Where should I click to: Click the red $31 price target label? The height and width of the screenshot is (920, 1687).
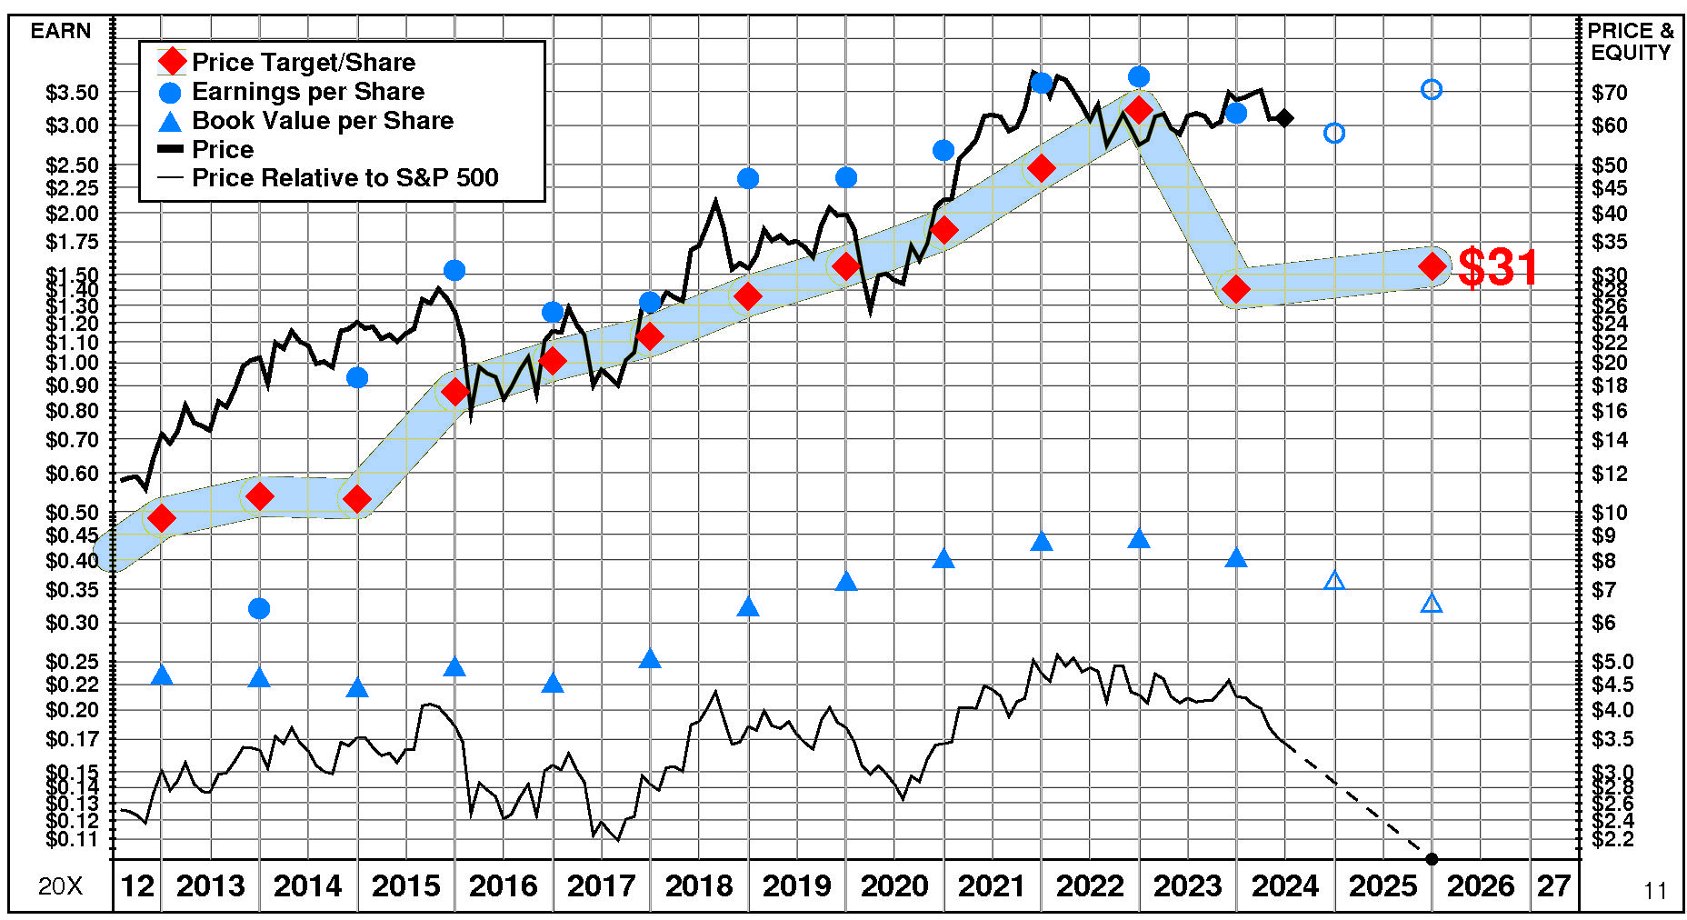click(x=1497, y=267)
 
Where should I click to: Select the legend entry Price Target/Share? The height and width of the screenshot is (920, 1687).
click(x=303, y=62)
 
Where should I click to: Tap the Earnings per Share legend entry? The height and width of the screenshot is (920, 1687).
click(x=307, y=92)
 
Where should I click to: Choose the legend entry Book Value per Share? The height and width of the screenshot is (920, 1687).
click(x=322, y=121)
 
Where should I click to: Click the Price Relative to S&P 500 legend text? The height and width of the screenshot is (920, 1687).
click(x=344, y=177)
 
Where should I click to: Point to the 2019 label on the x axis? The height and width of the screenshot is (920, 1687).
click(x=796, y=885)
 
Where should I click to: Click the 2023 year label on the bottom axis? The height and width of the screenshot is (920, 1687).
click(x=1187, y=885)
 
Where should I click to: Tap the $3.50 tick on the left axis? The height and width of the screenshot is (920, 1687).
click(x=72, y=93)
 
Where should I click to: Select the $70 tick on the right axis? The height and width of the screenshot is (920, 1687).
click(x=1610, y=93)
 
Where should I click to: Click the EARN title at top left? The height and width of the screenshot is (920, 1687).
click(x=61, y=31)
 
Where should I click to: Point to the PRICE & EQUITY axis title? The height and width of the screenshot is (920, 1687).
click(x=1630, y=42)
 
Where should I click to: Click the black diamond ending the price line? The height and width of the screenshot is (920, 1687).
click(x=1284, y=118)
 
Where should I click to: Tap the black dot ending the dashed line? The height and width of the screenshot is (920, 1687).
click(x=1432, y=859)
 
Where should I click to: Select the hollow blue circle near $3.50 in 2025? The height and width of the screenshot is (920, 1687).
click(x=1432, y=89)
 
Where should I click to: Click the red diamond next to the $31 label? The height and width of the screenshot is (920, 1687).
click(x=1432, y=266)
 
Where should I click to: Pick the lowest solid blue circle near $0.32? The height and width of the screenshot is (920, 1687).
click(x=259, y=608)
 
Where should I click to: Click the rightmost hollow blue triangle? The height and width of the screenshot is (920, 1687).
click(x=1432, y=604)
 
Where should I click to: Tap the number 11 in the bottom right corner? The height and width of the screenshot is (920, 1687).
click(x=1655, y=891)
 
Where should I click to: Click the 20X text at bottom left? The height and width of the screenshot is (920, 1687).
click(x=60, y=886)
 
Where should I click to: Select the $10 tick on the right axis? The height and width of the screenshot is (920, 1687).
click(x=1610, y=513)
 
